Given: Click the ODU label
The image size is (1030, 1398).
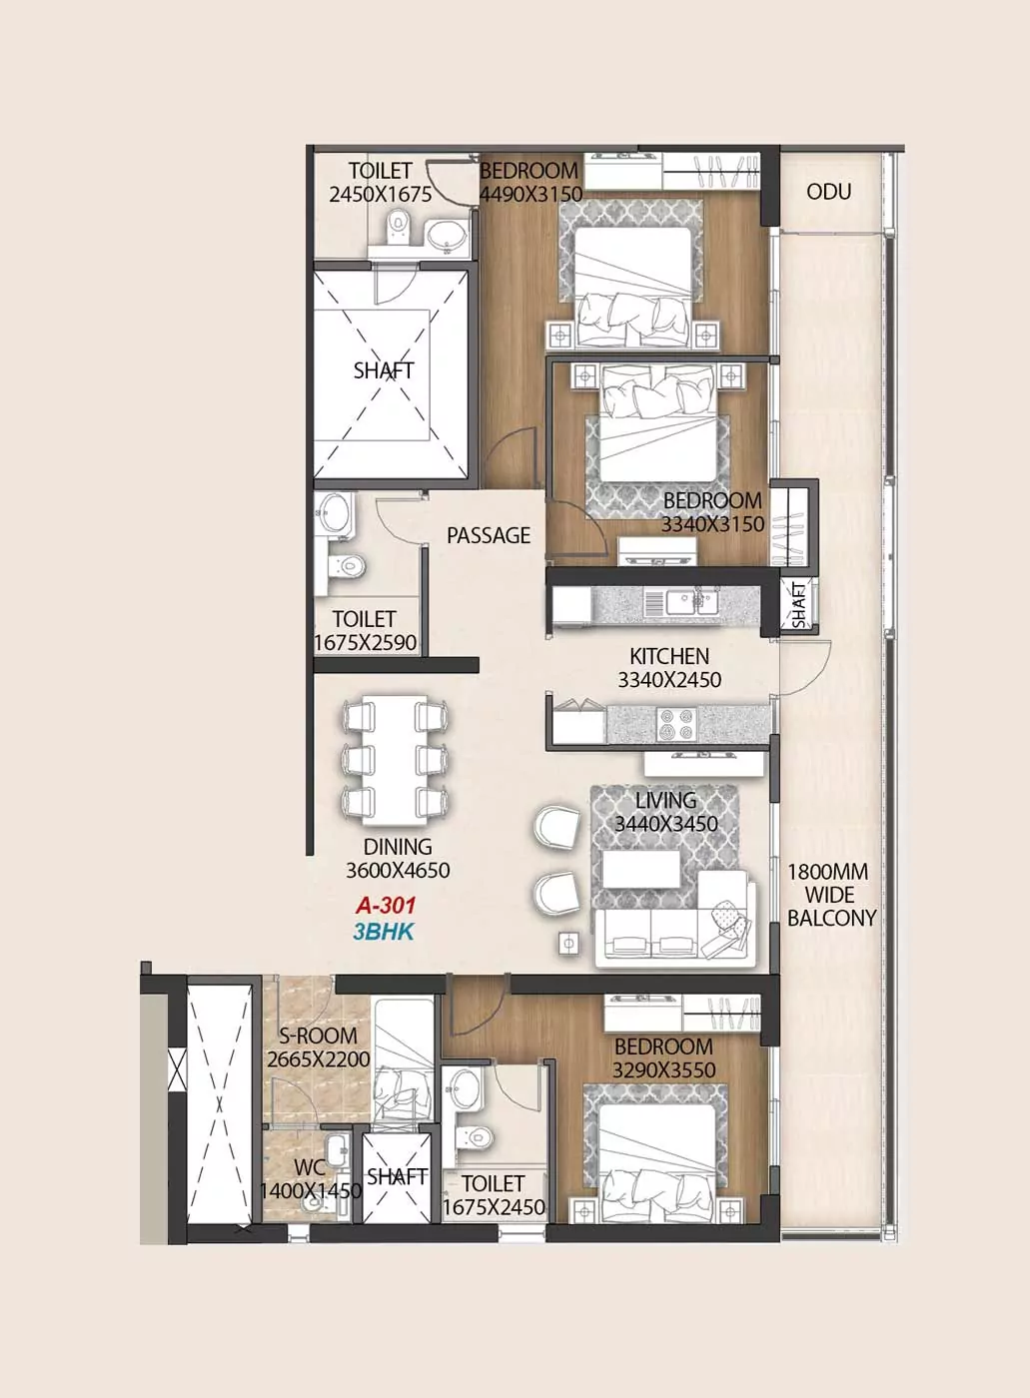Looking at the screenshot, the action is (x=828, y=192).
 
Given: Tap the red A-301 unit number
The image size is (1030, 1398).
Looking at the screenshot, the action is (x=386, y=905).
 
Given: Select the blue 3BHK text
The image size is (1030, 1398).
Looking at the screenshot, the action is (x=384, y=932).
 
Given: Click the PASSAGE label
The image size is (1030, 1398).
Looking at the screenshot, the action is (x=489, y=535).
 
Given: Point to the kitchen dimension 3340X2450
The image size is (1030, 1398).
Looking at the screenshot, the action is (x=669, y=680).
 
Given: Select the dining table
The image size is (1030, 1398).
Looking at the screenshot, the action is (x=396, y=760).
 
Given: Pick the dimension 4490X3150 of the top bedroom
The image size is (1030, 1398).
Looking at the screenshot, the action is (x=531, y=194).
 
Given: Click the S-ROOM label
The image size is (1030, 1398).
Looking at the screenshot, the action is (x=318, y=1036).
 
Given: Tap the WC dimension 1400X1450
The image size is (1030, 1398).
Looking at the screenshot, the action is (x=311, y=1190).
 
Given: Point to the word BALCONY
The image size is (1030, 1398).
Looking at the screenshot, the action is (x=831, y=918).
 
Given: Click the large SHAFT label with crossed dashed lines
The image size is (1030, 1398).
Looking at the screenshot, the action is (x=384, y=370).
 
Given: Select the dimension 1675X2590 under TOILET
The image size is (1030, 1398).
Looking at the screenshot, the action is (x=366, y=643).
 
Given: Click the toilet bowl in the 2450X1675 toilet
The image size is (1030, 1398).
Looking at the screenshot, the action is (x=397, y=227).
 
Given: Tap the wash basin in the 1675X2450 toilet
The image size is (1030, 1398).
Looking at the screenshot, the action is (x=464, y=1085).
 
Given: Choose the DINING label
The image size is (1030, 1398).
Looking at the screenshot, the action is (x=398, y=847).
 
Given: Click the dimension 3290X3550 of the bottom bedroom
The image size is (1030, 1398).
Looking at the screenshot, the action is (x=663, y=1070).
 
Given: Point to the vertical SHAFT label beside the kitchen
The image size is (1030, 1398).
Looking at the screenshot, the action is (x=799, y=605).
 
